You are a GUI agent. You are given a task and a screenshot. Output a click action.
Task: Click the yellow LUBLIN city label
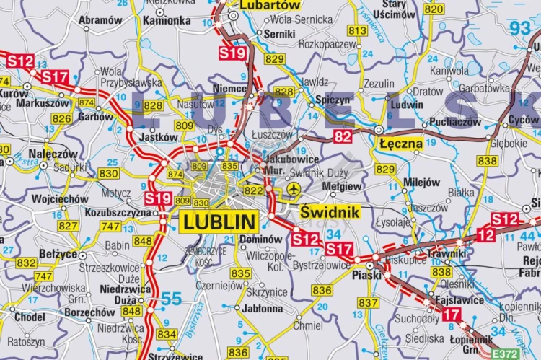point(219,222)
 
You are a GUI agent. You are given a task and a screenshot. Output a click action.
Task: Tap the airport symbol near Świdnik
point(293,189)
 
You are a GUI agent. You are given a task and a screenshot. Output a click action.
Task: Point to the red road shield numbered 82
point(343,136)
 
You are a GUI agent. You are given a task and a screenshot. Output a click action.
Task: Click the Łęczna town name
point(400,143)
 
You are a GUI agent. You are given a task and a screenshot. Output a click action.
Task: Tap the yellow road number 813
point(357,31)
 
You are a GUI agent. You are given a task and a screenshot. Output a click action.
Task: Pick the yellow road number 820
point(434,9)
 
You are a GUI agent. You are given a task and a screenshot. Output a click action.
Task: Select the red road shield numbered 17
point(451,314)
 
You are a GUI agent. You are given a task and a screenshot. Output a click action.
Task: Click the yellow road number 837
point(368,302)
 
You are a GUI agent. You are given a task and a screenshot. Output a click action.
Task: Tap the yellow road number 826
point(61,118)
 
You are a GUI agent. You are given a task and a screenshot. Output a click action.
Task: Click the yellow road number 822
point(254,190)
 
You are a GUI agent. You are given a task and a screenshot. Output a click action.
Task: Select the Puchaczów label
point(454,122)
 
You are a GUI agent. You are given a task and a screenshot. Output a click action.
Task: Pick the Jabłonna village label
point(263,308)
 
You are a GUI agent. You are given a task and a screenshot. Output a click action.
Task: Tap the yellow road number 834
point(167,334)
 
